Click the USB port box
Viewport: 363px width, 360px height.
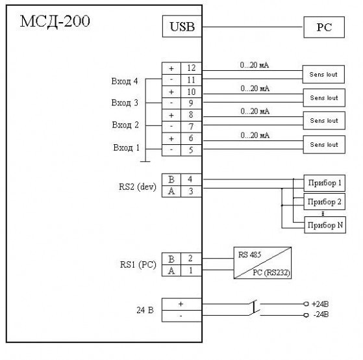[x=182, y=26]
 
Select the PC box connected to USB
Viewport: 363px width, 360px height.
[x=324, y=27]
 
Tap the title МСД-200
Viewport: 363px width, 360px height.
[x=55, y=21]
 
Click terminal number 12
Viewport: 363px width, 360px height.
[x=191, y=68]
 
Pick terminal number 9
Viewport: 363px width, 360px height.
[x=191, y=103]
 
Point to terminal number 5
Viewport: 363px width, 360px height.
[x=191, y=150]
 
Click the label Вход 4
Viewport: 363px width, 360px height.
[x=125, y=81]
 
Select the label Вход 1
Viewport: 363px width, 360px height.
[x=127, y=148]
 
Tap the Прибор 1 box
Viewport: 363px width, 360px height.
[x=324, y=183]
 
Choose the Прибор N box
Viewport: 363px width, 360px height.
[x=325, y=225]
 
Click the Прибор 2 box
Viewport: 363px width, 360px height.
[x=324, y=202]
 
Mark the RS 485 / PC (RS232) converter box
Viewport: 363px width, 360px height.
[x=262, y=263]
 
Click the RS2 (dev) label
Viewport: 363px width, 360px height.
[x=138, y=186]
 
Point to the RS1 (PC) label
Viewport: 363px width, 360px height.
[x=138, y=264]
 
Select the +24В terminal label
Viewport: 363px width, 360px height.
[x=320, y=304]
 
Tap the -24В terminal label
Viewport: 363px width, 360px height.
[x=321, y=315]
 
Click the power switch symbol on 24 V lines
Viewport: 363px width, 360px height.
[x=254, y=307]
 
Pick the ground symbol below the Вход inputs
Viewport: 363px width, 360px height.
[x=145, y=161]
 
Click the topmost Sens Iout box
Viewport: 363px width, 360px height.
[x=323, y=74]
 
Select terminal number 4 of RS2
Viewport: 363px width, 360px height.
[x=190, y=179]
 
